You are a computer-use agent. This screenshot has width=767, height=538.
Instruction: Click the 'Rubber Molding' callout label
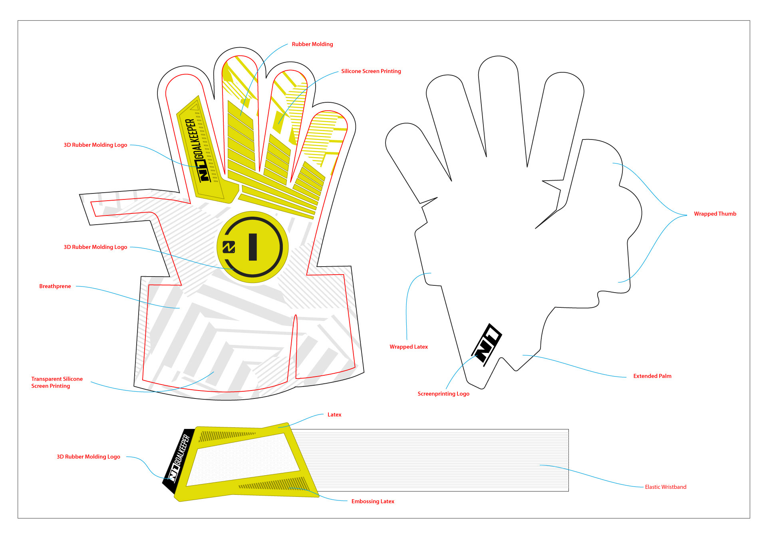click(x=312, y=44)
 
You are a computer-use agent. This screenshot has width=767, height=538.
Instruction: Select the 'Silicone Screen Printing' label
click(x=371, y=71)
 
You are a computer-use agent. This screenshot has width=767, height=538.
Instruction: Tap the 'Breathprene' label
click(x=55, y=286)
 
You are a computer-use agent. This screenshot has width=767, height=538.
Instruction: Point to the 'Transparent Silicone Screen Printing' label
click(x=57, y=383)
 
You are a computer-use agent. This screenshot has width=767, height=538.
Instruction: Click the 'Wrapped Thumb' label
click(x=715, y=214)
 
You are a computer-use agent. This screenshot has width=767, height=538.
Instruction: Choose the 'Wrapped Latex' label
click(x=408, y=347)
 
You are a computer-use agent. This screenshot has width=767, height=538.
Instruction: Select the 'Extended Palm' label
click(x=652, y=376)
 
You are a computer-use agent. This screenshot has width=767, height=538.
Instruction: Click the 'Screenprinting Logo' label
click(x=443, y=394)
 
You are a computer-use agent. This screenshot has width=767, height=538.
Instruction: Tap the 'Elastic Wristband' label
click(x=665, y=487)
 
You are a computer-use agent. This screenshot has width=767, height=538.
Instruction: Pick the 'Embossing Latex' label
click(x=372, y=501)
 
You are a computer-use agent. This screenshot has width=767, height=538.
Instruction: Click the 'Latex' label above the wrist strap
click(x=334, y=414)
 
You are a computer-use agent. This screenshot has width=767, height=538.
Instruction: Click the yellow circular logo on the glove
click(x=252, y=247)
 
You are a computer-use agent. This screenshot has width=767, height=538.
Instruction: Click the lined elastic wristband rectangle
click(x=439, y=460)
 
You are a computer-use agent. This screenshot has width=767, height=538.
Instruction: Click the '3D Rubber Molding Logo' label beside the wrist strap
click(x=88, y=457)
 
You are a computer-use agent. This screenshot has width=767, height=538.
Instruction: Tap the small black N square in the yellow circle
click(x=229, y=247)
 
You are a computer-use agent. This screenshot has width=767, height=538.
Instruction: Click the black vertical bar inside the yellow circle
click(x=252, y=247)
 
